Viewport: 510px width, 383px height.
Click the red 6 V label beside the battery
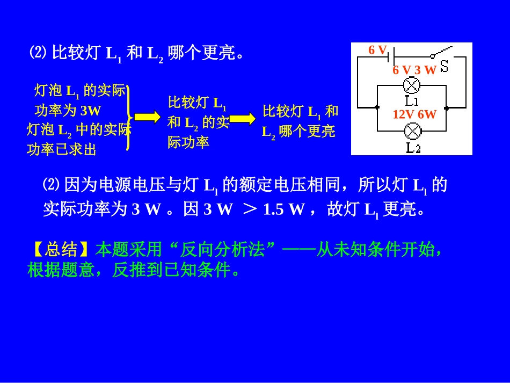[377, 50]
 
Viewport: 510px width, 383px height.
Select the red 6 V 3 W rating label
[414, 70]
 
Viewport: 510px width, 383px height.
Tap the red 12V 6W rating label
[414, 114]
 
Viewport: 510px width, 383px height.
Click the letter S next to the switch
[444, 67]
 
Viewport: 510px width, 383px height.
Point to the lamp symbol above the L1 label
[412, 85]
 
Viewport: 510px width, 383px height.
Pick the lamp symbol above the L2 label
[413, 131]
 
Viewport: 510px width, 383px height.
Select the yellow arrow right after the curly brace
[147, 117]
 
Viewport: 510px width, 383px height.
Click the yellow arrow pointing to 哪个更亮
[243, 119]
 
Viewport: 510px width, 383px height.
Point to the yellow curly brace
[129, 117]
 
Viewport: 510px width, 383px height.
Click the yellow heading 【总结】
[60, 249]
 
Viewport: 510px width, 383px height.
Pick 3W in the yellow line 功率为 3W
[90, 111]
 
